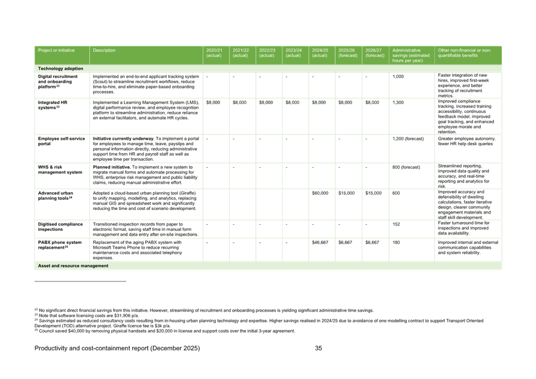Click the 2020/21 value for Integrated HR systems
click(x=213, y=103)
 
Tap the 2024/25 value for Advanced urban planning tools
click(x=320, y=193)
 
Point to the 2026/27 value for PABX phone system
click(x=372, y=243)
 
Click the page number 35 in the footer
click(x=318, y=348)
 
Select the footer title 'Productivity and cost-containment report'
click(x=117, y=348)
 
